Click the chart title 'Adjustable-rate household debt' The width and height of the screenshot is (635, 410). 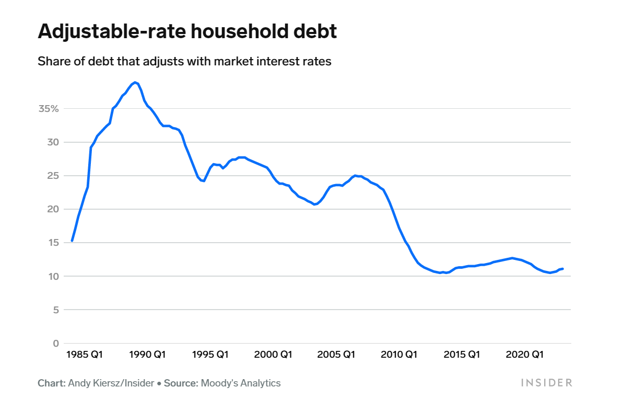pyautogui.click(x=187, y=32)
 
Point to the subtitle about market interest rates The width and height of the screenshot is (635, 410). pyautogui.click(x=184, y=61)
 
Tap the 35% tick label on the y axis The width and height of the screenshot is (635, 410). pyautogui.click(x=49, y=109)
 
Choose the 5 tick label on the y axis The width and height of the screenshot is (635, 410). pyautogui.click(x=54, y=310)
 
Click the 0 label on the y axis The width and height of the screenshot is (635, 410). pyautogui.click(x=54, y=343)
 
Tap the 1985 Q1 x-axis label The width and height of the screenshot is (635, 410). pyautogui.click(x=85, y=355)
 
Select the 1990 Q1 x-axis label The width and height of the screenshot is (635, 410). pyautogui.click(x=148, y=355)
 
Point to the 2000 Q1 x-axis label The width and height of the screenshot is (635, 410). pyautogui.click(x=273, y=355)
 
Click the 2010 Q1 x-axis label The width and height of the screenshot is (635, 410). pyautogui.click(x=399, y=355)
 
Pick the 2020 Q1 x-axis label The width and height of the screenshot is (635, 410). pyautogui.click(x=525, y=355)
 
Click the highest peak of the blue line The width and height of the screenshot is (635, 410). pyautogui.click(x=135, y=82)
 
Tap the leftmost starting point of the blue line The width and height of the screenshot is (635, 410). pyautogui.click(x=72, y=241)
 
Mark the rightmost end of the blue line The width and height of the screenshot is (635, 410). pyautogui.click(x=562, y=269)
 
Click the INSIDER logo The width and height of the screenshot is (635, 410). pyautogui.click(x=546, y=383)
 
